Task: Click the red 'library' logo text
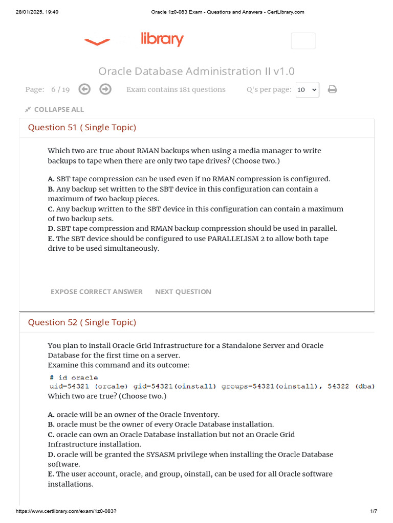(162, 40)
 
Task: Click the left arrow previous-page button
(84, 89)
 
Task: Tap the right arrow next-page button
(105, 89)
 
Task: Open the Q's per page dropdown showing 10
(307, 90)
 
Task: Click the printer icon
(332, 90)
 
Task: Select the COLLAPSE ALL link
(55, 109)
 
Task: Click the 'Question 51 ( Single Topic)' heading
(82, 128)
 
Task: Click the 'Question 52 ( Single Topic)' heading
(82, 322)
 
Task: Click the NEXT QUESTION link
(183, 292)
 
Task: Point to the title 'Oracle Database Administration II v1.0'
(196, 71)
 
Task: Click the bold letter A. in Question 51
(51, 179)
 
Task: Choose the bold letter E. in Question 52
(51, 474)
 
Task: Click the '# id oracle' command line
(74, 378)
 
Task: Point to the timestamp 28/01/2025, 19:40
(37, 12)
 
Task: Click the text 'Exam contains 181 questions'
(176, 89)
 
